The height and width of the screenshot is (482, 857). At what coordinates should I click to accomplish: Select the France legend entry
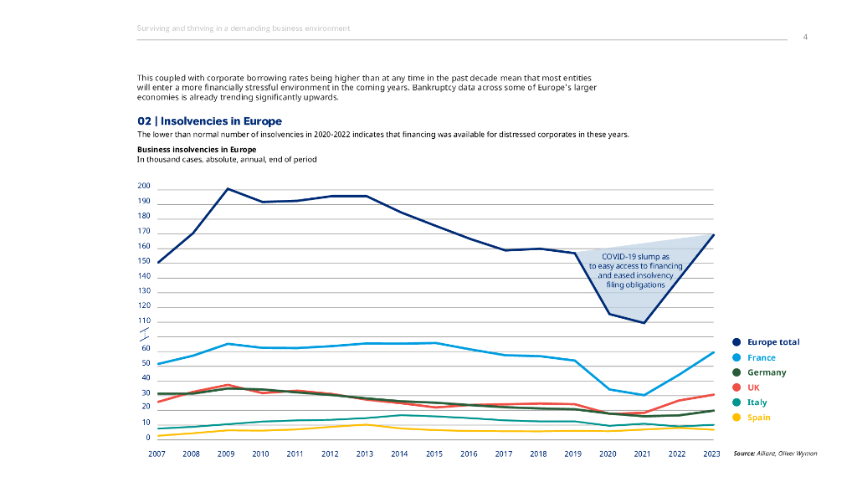(761, 357)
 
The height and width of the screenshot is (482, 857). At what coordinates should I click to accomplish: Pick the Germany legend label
(766, 372)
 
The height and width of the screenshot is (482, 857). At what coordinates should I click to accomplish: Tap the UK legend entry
(752, 387)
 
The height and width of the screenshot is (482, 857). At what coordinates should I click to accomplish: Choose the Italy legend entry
(757, 403)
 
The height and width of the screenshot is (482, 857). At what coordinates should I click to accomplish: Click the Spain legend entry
(759, 418)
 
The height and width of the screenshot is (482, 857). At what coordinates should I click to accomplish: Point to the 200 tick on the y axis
(144, 187)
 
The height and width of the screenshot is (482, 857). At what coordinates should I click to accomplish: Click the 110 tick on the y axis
(144, 320)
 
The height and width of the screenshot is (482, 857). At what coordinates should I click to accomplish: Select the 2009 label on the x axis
(226, 454)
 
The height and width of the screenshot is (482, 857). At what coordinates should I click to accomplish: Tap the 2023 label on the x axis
(712, 454)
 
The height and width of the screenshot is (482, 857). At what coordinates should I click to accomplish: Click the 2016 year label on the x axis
(469, 454)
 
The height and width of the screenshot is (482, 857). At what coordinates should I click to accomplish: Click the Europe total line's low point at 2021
(643, 323)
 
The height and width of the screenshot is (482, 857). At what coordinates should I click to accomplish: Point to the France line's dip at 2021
(643, 395)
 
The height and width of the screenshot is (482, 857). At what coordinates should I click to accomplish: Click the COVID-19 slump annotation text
(635, 270)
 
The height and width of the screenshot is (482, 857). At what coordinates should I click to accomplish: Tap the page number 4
(805, 37)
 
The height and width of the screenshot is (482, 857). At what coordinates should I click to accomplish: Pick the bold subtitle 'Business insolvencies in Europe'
(197, 150)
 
